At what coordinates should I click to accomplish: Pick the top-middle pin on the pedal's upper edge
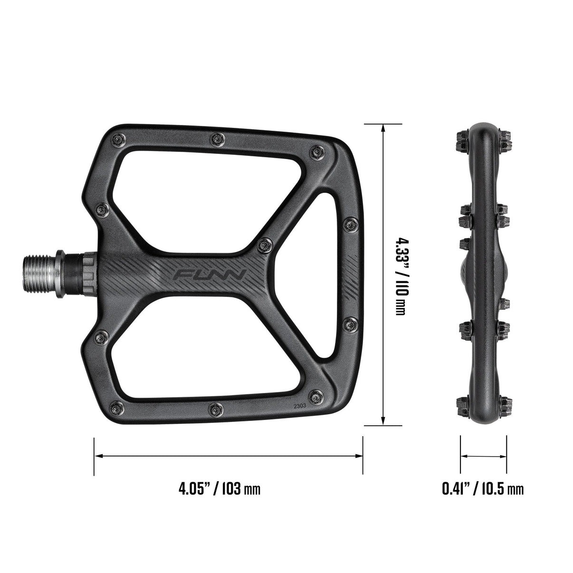217,138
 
